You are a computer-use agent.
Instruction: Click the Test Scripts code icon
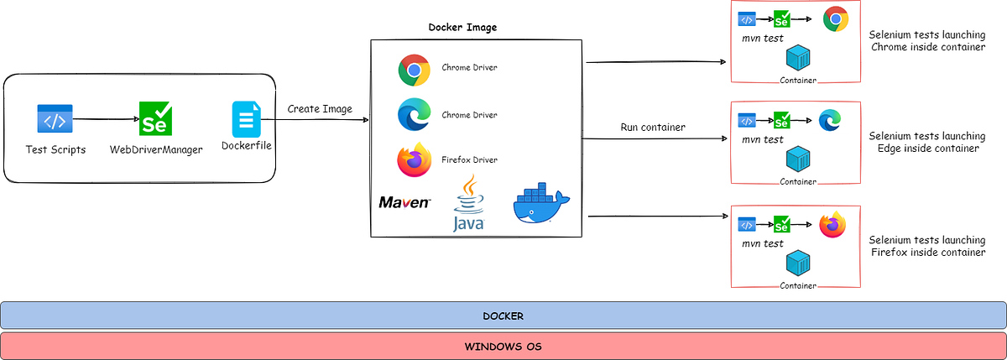(x=55, y=119)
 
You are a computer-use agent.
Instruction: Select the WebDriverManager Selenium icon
(x=156, y=119)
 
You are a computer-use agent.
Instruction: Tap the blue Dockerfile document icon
(x=247, y=119)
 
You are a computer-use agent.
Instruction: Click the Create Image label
(x=320, y=109)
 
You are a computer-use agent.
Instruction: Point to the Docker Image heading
(x=462, y=27)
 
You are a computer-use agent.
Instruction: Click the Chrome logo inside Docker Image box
(x=414, y=70)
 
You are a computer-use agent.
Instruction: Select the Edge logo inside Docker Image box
(x=414, y=115)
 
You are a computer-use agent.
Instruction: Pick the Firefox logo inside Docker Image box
(x=413, y=160)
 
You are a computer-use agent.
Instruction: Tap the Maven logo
(x=404, y=202)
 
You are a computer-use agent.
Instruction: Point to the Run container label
(x=652, y=128)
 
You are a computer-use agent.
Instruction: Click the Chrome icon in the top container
(x=835, y=18)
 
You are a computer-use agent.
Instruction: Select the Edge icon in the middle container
(x=830, y=120)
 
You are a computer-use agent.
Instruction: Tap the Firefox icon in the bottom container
(x=832, y=225)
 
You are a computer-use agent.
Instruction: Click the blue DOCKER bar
(x=503, y=316)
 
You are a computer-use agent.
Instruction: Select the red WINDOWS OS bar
(x=503, y=346)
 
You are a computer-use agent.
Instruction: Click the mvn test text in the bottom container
(x=763, y=243)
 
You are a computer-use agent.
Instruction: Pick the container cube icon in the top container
(x=798, y=58)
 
